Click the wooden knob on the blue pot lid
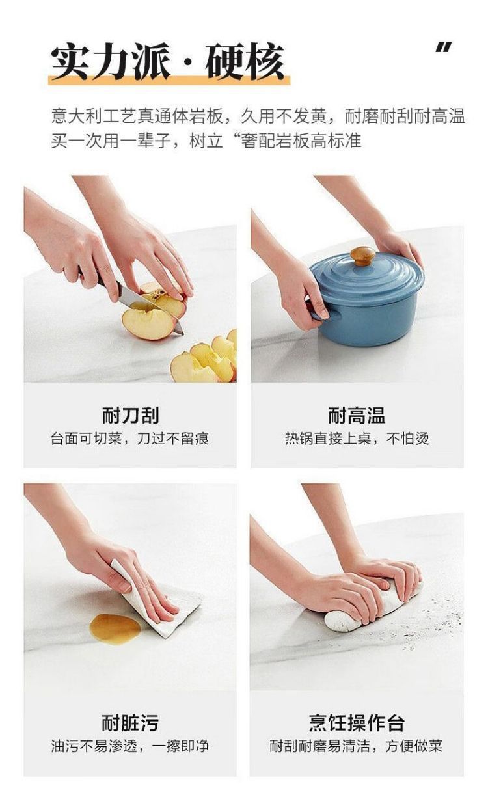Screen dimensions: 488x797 coord(362,256)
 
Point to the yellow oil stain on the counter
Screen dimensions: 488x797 coord(115,628)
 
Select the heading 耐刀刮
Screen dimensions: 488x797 coord(130,415)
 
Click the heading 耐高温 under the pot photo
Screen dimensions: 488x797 coord(357,415)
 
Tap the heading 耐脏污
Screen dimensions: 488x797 coord(130,723)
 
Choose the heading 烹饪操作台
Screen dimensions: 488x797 coord(357,723)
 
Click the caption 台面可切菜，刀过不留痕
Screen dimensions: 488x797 coord(129,439)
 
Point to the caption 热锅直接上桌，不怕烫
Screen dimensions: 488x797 coord(357,439)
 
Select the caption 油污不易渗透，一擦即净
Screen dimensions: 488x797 coord(129,746)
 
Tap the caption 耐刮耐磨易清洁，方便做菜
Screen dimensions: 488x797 coord(356,746)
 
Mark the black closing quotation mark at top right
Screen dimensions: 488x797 coord(444,47)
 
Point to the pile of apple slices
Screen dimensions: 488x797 coord(205,359)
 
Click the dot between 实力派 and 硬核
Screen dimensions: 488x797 coord(187,63)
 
